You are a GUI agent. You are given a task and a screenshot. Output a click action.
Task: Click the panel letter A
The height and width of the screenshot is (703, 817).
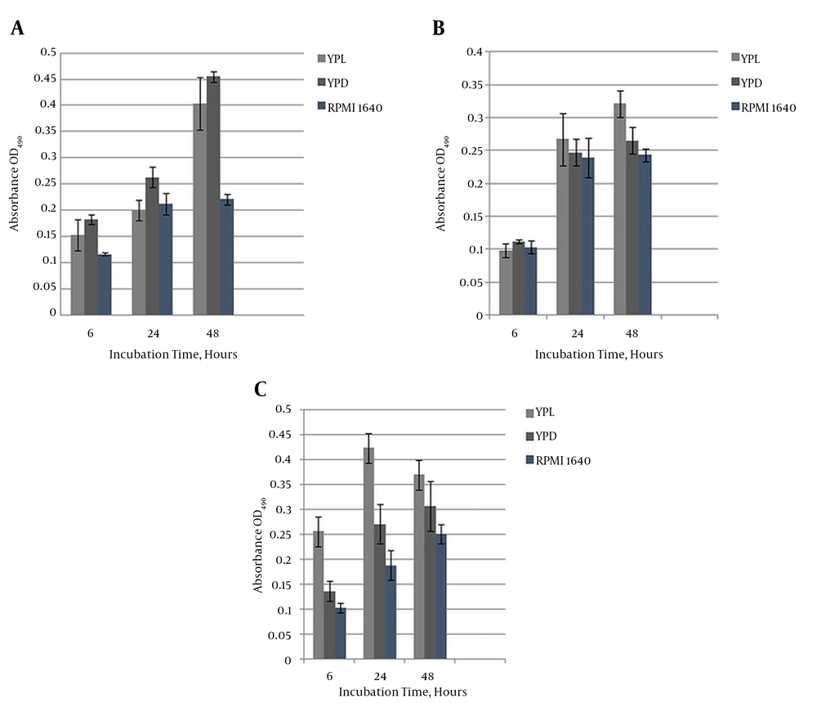pos(16,30)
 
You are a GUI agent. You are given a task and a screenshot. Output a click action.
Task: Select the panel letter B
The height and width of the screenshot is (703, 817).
pos(438,29)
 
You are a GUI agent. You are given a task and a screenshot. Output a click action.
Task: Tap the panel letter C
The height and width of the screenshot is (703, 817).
pos(261,389)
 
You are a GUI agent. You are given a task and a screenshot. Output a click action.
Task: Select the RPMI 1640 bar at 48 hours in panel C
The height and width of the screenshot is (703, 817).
pos(440,597)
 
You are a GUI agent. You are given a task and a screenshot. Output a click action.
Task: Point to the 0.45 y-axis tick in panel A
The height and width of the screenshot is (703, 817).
pos(46,79)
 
